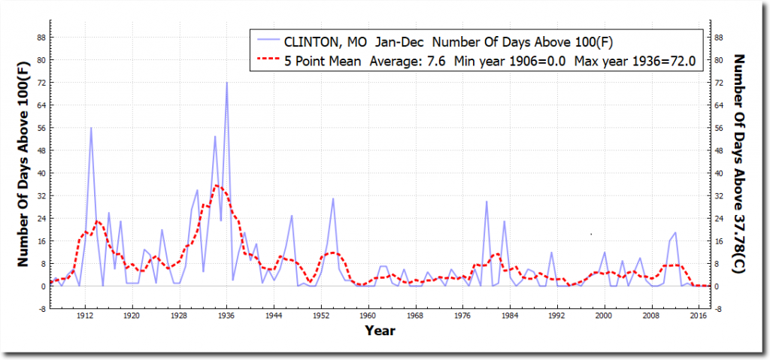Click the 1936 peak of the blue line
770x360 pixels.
[226, 83]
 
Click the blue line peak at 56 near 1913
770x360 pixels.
[91, 128]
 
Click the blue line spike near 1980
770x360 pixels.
[487, 201]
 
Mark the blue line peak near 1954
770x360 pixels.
[333, 198]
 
